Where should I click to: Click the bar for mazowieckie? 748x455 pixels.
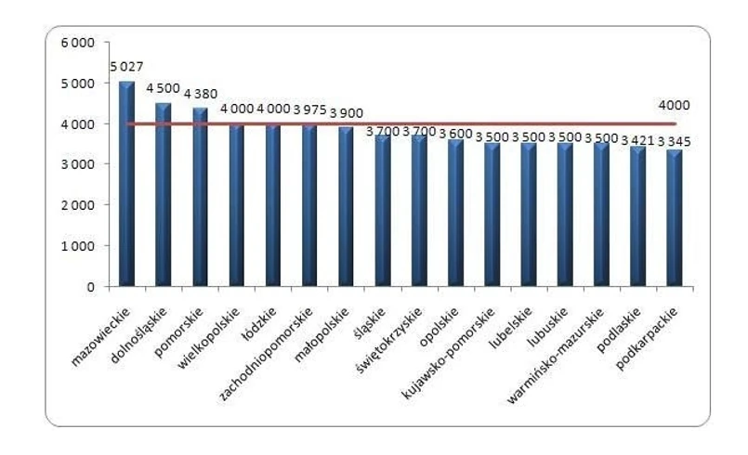[x=127, y=186]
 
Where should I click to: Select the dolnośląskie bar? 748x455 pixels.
[x=164, y=195]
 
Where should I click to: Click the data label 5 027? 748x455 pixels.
[x=127, y=68]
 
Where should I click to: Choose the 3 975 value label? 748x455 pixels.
[x=310, y=110]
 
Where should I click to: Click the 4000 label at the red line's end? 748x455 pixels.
[x=675, y=105]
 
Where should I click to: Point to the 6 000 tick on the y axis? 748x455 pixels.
[x=78, y=43]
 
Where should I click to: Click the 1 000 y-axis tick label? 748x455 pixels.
[x=78, y=246]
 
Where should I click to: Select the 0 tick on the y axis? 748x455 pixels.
[x=91, y=287]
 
